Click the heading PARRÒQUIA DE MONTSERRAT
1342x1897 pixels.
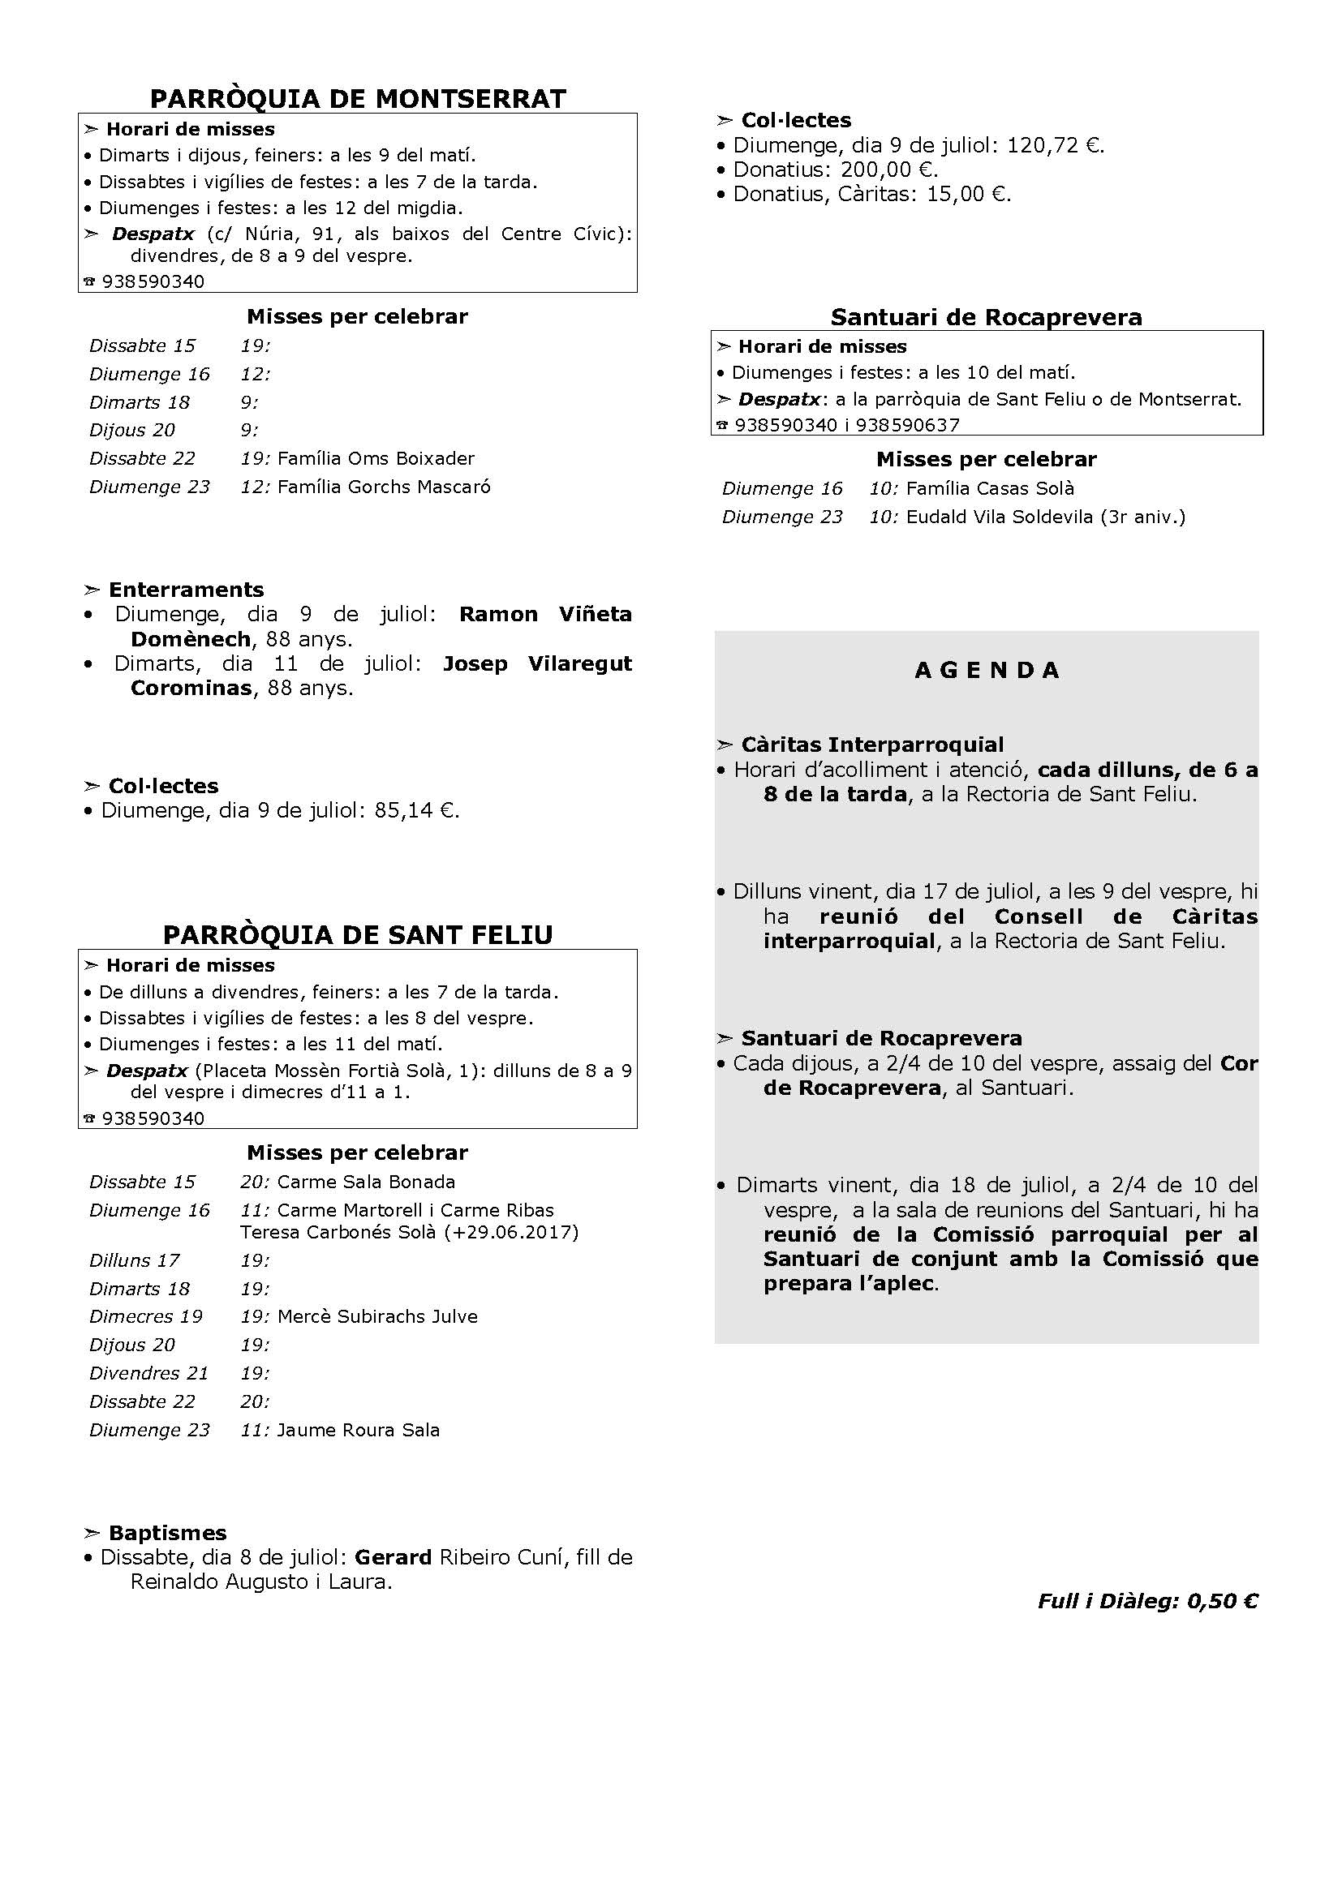358,99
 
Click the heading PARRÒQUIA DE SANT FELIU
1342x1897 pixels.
358,934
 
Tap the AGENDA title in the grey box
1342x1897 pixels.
987,670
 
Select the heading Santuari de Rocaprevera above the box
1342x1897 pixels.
986,317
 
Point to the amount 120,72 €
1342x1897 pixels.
1055,145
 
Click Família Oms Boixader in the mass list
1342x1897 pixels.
376,457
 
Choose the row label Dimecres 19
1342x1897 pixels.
145,1316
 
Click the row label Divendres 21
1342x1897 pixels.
148,1372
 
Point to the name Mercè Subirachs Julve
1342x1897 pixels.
377,1316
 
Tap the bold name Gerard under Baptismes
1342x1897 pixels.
393,1556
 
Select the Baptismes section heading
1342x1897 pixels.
167,1533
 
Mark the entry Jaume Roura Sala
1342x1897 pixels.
358,1429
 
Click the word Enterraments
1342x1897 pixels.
186,590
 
